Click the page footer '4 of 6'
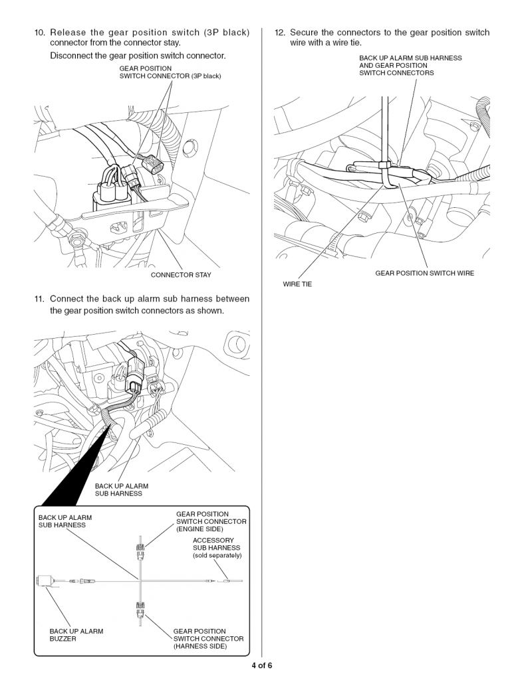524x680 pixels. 261,665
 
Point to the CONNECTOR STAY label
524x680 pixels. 181,275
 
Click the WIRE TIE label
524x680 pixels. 297,284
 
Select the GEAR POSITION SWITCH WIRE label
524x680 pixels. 424,273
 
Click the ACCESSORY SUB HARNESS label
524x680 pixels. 216,544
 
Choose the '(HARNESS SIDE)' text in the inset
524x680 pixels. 199,646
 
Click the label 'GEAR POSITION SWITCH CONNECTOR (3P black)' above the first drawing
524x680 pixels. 170,72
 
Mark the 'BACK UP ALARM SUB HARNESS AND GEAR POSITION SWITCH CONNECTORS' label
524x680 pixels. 410,65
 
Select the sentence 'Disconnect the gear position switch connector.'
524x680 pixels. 138,55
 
